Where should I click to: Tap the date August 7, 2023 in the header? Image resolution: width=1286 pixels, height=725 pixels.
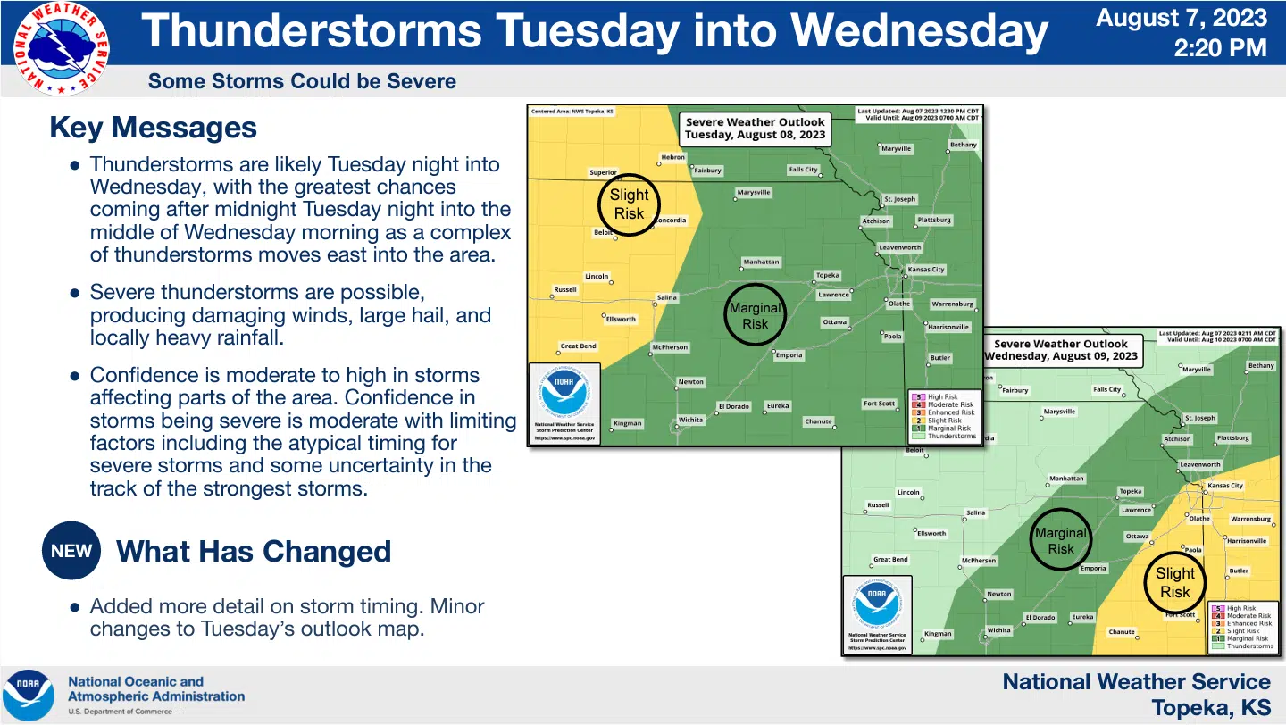coord(1181,18)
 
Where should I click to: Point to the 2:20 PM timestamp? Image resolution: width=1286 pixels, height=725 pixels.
coord(1220,47)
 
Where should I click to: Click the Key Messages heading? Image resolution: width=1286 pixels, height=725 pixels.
coord(153,128)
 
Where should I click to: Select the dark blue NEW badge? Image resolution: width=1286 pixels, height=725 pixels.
coord(71,551)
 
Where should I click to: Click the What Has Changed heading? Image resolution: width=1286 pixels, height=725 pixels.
coord(254,552)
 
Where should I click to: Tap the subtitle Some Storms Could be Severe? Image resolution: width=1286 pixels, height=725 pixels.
coord(302,81)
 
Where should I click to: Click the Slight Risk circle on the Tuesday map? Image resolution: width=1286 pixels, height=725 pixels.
coord(629,204)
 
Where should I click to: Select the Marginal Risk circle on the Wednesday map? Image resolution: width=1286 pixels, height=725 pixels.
coord(1060,540)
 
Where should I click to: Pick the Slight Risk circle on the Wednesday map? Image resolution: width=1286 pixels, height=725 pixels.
coord(1174,582)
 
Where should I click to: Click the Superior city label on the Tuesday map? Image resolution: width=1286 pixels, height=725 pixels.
coord(603,172)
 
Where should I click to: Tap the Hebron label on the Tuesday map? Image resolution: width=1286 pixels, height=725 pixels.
coord(672,157)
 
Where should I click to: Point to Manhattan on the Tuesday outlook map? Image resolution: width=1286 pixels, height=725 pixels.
coord(761,262)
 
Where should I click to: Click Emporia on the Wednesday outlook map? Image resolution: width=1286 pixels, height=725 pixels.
coord(1093,568)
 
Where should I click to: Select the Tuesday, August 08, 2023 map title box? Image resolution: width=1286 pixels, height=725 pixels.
coord(755,129)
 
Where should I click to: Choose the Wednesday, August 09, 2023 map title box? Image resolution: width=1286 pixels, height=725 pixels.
coord(1061,350)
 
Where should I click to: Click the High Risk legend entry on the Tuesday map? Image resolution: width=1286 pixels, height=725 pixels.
coord(942,396)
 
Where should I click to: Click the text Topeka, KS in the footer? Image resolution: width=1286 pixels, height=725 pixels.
coord(1210,708)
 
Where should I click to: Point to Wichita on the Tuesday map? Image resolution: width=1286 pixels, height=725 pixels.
coord(690,420)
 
